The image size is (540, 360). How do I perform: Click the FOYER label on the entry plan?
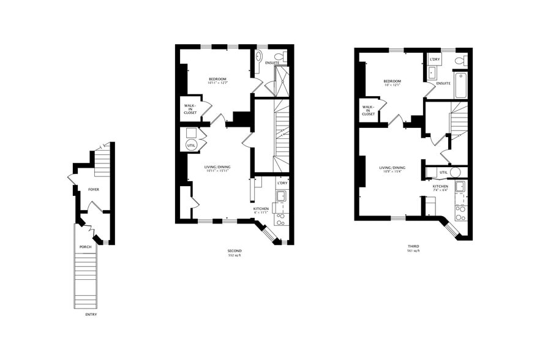point(93,190)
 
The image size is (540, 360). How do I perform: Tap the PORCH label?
point(85,247)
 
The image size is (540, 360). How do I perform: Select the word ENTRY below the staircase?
point(91,315)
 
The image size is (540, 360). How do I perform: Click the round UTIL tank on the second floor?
point(191,145)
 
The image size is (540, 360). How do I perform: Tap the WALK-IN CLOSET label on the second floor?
point(190,108)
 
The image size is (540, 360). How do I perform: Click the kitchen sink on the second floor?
point(281,196)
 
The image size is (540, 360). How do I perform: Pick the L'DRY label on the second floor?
point(282,183)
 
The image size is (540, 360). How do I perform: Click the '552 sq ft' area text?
point(234,256)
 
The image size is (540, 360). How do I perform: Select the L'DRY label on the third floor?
point(435,59)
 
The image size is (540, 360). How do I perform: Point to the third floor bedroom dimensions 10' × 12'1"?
point(392,86)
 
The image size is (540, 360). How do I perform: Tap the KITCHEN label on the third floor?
point(441,186)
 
